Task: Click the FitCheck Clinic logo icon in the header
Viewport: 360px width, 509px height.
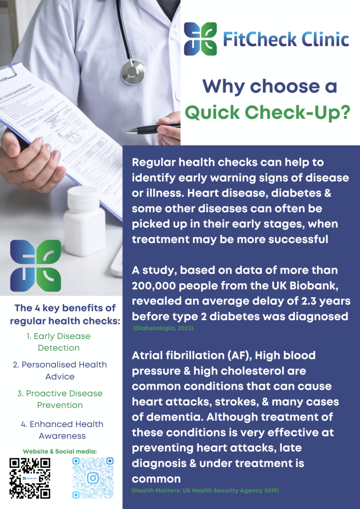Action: [200, 39]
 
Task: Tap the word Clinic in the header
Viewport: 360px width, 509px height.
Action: [325, 40]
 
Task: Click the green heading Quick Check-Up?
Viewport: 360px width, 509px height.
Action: [268, 112]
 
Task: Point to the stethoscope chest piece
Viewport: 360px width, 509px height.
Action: [133, 72]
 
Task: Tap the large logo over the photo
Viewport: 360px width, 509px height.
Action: [36, 265]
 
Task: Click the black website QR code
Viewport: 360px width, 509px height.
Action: [29, 478]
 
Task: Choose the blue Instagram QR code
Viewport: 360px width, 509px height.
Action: [93, 478]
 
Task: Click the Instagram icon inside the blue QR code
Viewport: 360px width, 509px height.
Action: [93, 478]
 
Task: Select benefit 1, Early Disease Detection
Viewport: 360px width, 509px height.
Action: [59, 342]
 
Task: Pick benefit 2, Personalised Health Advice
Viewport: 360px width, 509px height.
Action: [60, 370]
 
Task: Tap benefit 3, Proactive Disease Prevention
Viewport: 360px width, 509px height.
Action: [60, 399]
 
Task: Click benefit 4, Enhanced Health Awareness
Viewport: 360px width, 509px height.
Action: [62, 430]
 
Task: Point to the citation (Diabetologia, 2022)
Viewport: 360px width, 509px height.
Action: [163, 328]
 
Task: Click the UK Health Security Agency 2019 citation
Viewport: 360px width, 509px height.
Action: [205, 490]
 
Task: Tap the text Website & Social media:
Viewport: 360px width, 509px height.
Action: [60, 451]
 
